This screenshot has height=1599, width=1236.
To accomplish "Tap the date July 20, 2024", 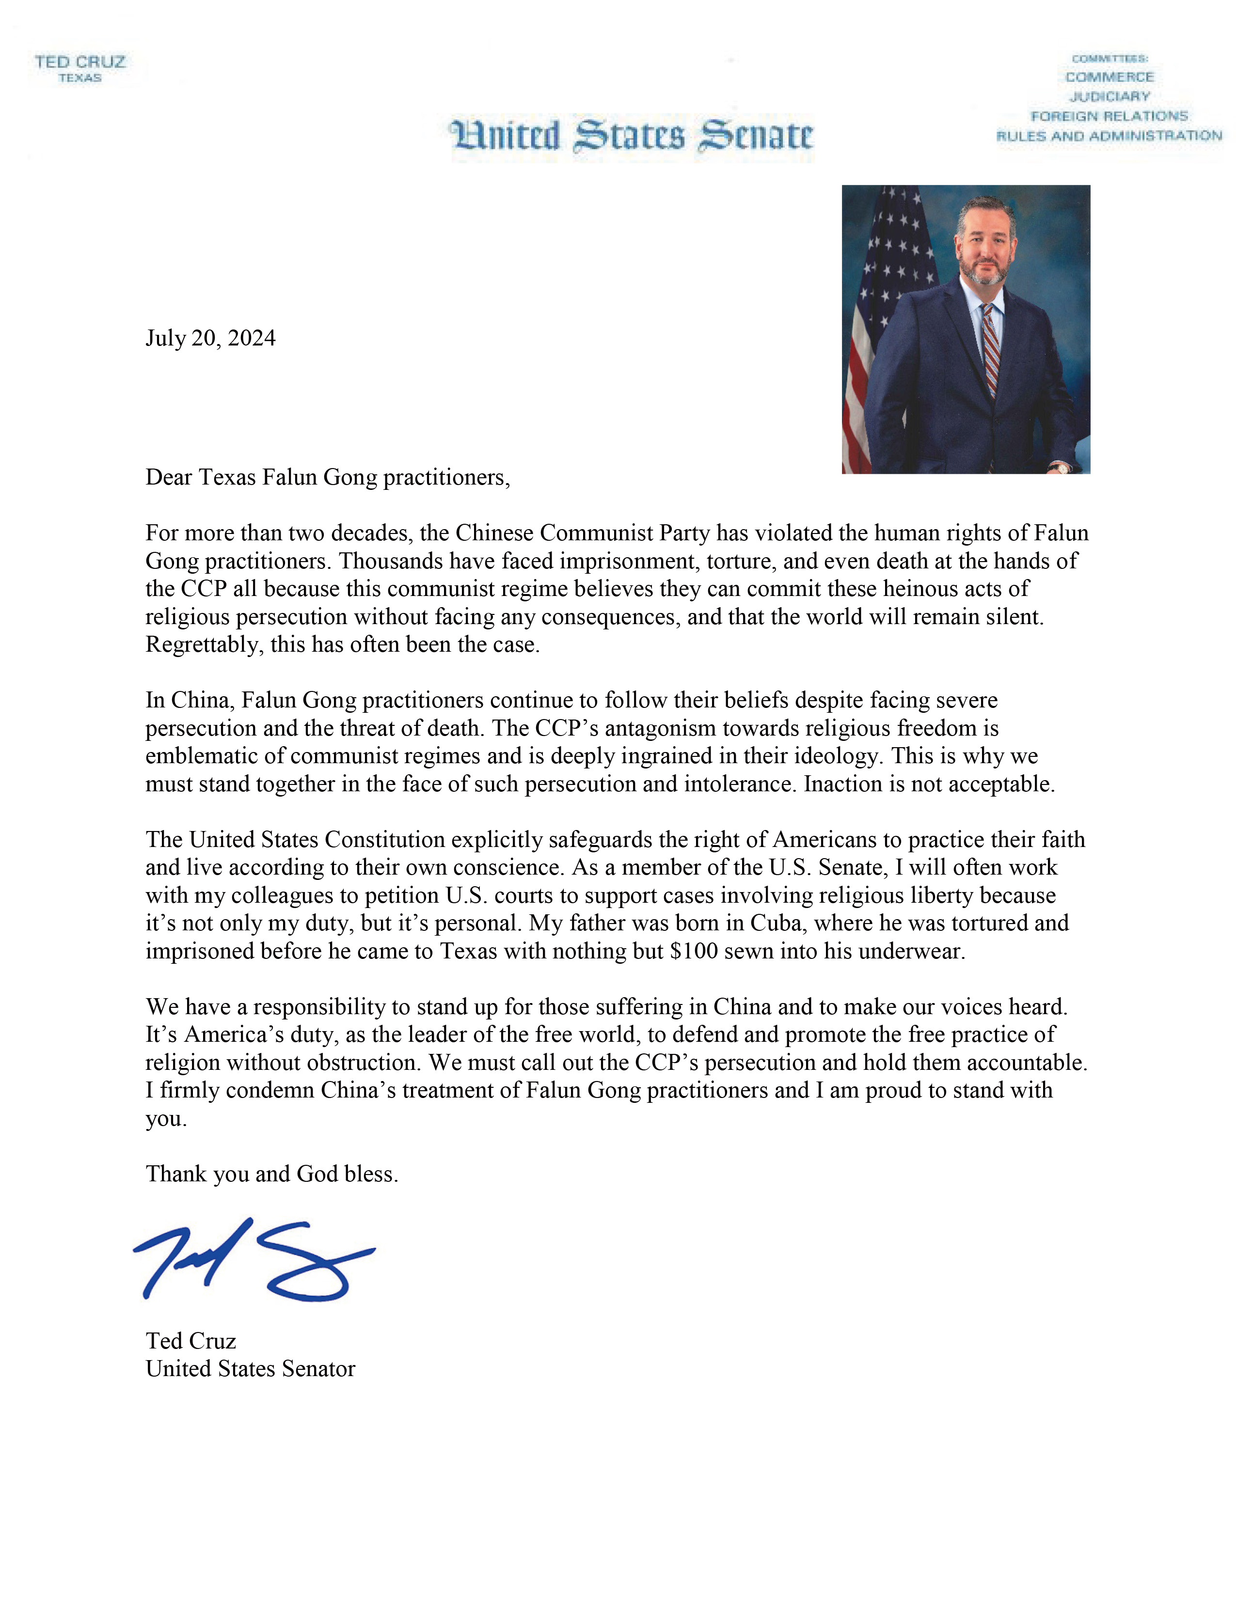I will (x=210, y=338).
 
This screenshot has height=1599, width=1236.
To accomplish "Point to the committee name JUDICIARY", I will (x=1109, y=96).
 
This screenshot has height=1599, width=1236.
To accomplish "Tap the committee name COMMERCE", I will (x=1109, y=77).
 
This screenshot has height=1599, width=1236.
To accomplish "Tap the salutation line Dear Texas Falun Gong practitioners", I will (x=327, y=477).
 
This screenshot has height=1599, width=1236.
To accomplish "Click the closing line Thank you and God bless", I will (x=271, y=1175).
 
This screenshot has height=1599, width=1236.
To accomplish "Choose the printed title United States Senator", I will (x=251, y=1369).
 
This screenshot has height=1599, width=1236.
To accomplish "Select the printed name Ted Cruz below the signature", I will (x=190, y=1341).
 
